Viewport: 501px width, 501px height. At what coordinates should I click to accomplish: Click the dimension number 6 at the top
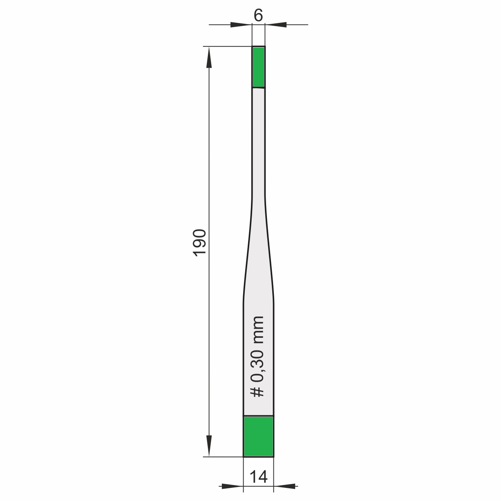258,15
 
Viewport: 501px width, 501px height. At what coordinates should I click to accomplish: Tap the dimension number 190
200,243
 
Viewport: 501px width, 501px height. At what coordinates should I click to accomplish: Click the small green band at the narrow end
259,67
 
